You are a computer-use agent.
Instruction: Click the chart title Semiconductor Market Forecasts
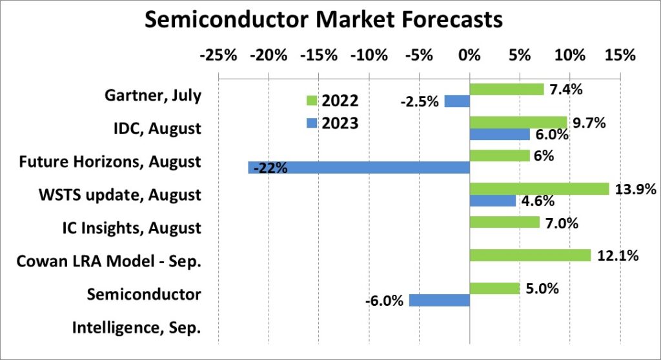(x=323, y=19)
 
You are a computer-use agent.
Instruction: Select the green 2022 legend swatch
(x=310, y=101)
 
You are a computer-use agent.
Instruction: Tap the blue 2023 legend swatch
(x=310, y=123)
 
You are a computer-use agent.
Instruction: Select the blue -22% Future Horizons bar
(x=359, y=168)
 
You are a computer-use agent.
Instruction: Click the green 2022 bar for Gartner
(x=507, y=89)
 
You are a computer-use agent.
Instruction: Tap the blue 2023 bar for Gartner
(x=457, y=101)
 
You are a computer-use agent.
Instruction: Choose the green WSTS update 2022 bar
(x=539, y=188)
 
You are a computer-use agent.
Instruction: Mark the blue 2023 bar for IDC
(x=500, y=134)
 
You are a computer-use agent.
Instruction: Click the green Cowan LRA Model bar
(x=530, y=255)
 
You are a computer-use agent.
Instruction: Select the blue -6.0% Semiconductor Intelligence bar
(x=440, y=300)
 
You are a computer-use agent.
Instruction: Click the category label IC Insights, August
(x=132, y=228)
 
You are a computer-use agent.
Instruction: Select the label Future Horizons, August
(x=110, y=161)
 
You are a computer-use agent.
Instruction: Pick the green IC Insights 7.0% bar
(x=504, y=222)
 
